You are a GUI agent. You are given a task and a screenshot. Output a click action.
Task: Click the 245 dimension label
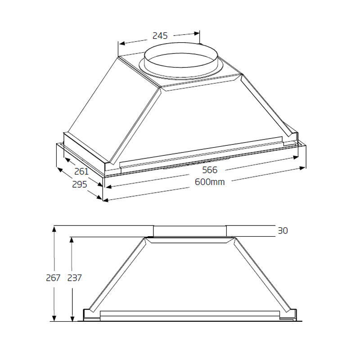click(160, 36)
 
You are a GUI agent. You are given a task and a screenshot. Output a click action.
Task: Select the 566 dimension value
click(210, 170)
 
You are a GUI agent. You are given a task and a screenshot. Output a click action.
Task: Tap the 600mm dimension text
click(210, 182)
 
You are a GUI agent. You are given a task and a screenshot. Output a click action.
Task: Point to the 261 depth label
click(81, 171)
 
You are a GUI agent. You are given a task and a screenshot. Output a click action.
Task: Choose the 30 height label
click(283, 231)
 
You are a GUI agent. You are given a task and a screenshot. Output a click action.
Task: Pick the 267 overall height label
click(53, 278)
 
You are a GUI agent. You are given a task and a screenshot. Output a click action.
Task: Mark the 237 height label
click(75, 278)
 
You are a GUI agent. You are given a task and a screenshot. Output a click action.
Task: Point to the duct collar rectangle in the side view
click(189, 231)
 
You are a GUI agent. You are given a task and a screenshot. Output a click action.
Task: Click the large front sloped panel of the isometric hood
click(211, 117)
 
